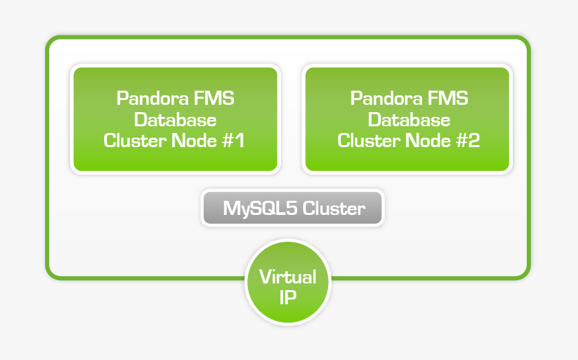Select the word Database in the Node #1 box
pyautogui.click(x=175, y=120)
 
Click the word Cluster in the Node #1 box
pyautogui.click(x=129, y=141)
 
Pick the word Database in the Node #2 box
pyautogui.click(x=409, y=120)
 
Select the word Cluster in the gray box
pyautogui.click(x=334, y=208)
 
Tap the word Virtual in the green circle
pyautogui.click(x=288, y=277)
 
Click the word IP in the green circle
pyautogui.click(x=288, y=298)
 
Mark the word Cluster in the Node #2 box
pyautogui.click(x=363, y=141)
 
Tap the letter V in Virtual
pyautogui.click(x=265, y=277)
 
